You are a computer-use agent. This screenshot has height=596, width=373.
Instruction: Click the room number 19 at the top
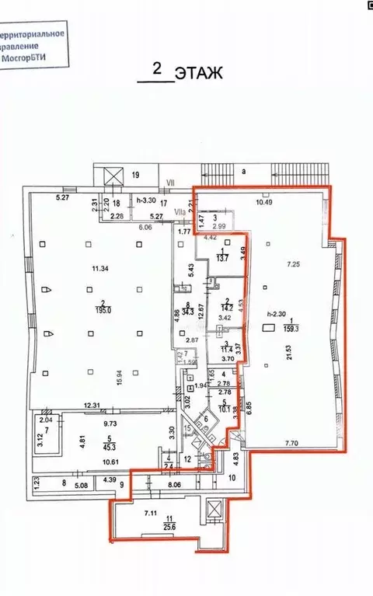(134, 175)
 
